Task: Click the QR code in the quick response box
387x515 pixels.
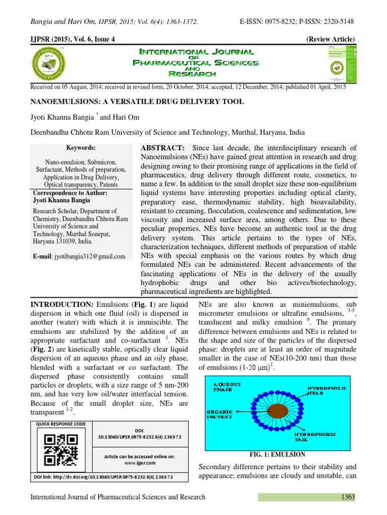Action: pos(56,449)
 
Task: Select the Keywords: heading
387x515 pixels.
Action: pos(81,148)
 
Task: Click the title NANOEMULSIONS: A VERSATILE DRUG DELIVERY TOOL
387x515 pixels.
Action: pos(138,102)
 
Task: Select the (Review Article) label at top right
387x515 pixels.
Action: pos(330,39)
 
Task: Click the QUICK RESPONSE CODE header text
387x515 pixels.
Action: pos(57,424)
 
